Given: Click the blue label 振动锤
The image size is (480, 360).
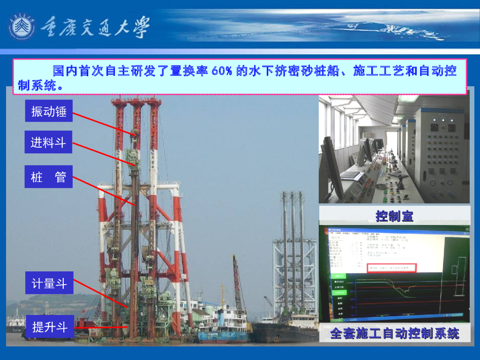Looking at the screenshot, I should click(48, 112).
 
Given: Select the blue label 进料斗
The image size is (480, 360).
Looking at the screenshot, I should click(48, 142).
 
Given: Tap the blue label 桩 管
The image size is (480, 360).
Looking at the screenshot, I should click(48, 177).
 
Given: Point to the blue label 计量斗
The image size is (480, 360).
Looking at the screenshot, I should click(49, 283).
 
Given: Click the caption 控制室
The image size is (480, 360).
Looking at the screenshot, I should click(394, 216).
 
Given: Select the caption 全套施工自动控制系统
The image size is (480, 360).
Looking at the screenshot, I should click(395, 334).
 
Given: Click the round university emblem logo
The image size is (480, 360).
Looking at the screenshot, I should click(22, 27).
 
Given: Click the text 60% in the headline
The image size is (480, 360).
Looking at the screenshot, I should click(222, 71).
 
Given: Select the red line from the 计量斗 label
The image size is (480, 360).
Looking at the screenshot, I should click(101, 294).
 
